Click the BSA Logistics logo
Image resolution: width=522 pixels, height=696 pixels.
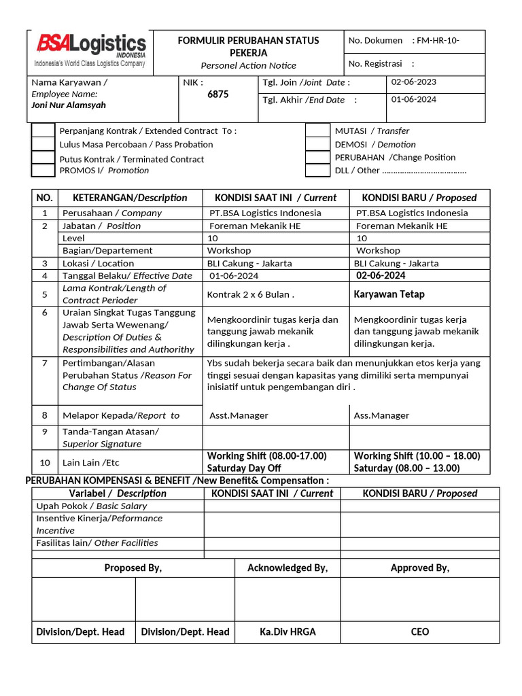[x=90, y=50]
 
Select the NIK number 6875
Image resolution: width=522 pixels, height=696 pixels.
[x=217, y=94]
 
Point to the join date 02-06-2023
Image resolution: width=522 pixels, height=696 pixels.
[x=414, y=82]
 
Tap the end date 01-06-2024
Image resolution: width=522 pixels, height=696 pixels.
[x=414, y=99]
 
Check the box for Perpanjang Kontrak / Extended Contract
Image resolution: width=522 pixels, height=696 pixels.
[x=43, y=130]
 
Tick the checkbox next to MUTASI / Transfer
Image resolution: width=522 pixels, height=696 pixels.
[x=317, y=130]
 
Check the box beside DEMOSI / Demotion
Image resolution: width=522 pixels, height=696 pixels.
[x=317, y=144]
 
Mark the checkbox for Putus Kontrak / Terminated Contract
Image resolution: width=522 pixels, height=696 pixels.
[x=43, y=158]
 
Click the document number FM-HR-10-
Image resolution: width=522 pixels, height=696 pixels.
[x=438, y=41]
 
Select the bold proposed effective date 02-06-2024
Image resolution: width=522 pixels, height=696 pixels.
[x=381, y=275]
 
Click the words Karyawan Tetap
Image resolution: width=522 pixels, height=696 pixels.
[x=389, y=294]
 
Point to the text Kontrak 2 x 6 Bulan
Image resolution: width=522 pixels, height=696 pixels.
[x=250, y=295]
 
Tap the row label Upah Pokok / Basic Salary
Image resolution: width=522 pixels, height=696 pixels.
[x=91, y=506]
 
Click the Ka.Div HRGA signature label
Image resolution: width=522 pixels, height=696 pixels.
[x=288, y=631]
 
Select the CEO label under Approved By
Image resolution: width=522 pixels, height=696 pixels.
[x=419, y=631]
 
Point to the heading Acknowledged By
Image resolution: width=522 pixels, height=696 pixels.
[x=288, y=568]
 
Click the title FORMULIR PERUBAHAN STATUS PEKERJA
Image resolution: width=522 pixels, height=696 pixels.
[x=248, y=47]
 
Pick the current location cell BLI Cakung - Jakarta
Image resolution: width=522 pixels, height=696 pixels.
[x=249, y=263]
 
